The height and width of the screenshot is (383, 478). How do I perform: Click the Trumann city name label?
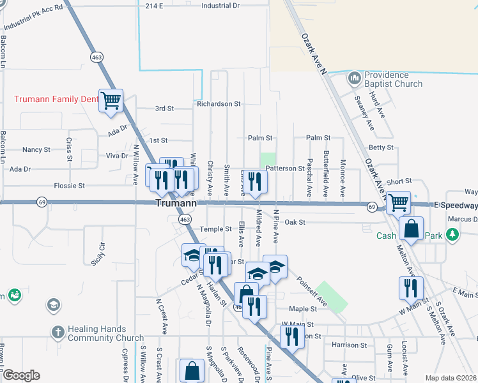174,203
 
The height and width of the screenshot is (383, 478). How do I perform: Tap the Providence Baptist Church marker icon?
354,79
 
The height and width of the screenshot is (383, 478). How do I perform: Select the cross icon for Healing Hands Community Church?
58,333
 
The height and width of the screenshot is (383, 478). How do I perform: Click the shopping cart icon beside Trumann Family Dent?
111,100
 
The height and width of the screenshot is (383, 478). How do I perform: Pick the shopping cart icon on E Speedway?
398,203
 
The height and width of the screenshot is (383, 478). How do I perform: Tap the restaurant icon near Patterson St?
255,182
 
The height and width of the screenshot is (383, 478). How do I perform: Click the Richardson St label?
219,103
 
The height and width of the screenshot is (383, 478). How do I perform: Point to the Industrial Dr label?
220,5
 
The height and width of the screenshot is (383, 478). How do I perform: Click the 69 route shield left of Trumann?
42,202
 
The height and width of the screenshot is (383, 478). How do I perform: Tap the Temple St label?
215,229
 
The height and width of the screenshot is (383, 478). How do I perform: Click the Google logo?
20,375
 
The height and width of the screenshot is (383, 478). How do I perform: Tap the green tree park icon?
453,235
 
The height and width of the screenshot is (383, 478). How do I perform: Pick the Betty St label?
381,147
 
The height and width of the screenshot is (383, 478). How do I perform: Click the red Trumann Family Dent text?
56,99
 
